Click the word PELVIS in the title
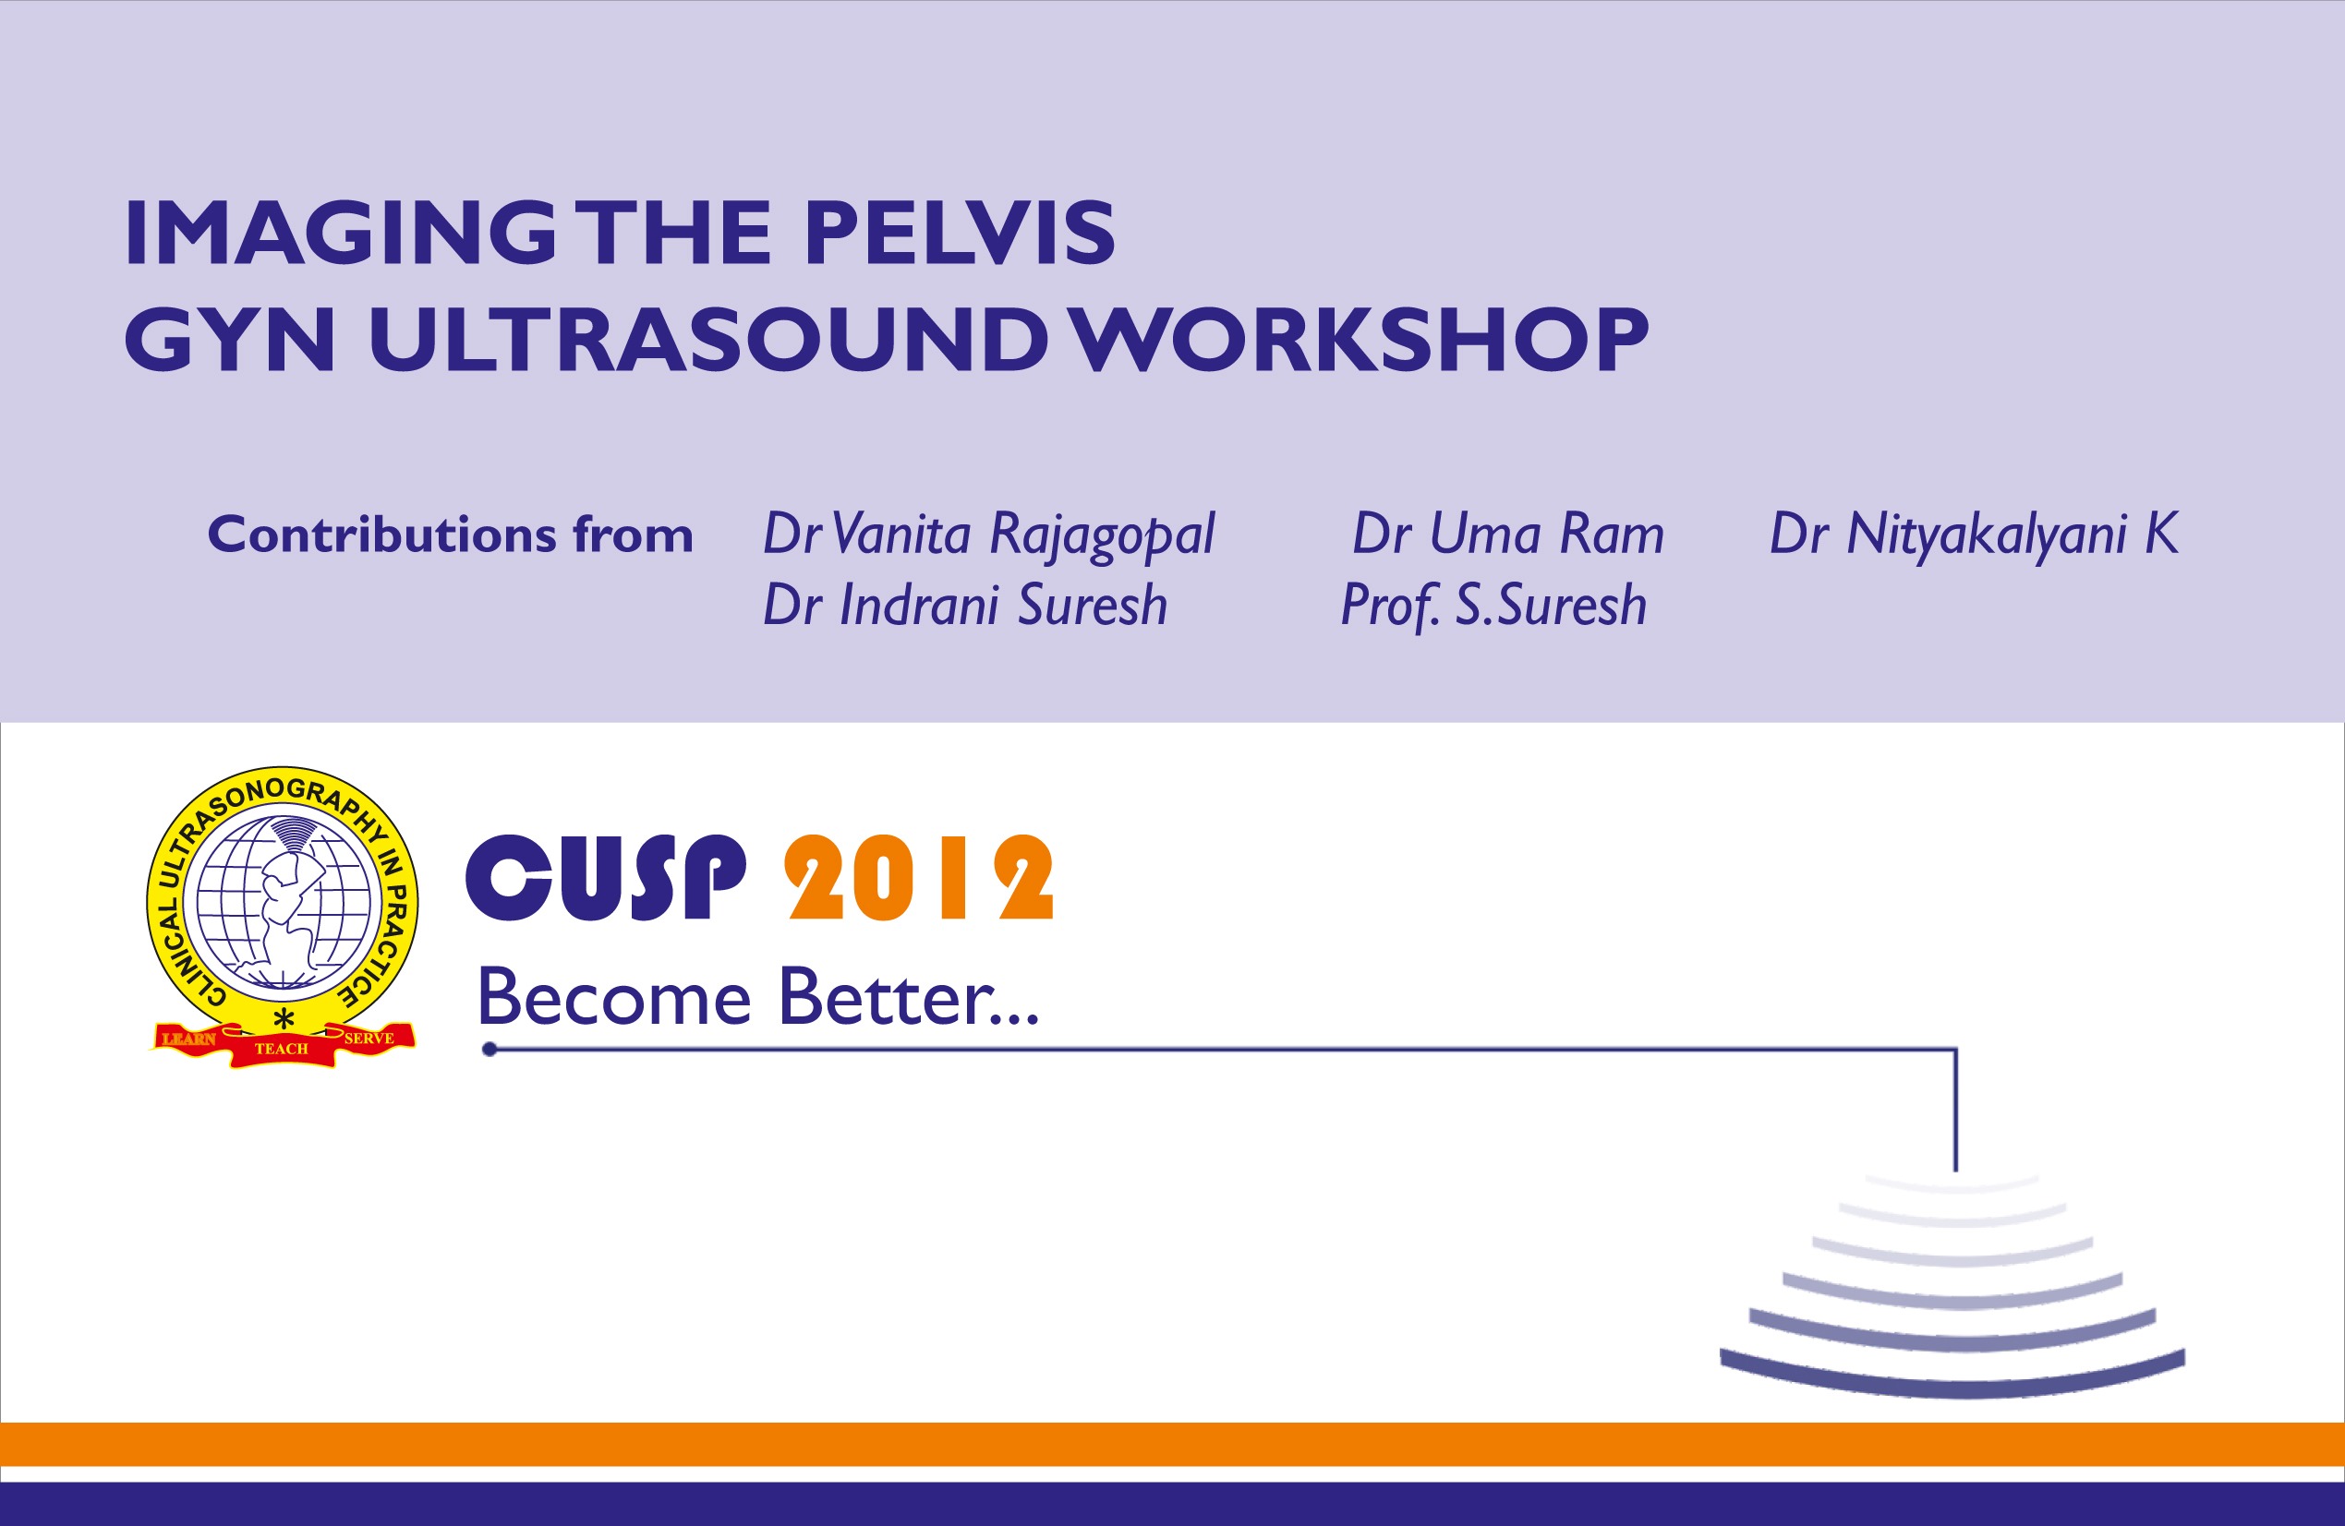pyautogui.click(x=959, y=234)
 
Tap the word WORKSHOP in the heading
pyautogui.click(x=1360, y=340)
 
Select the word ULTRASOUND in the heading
pyautogui.click(x=707, y=340)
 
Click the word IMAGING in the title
pyautogui.click(x=340, y=234)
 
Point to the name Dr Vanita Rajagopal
pyautogui.click(x=988, y=535)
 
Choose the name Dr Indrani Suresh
pyautogui.click(x=964, y=605)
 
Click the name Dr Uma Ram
pyautogui.click(x=1507, y=535)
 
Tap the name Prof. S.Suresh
pyautogui.click(x=1493, y=605)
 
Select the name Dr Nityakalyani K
pyautogui.click(x=1974, y=535)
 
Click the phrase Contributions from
pyautogui.click(x=451, y=535)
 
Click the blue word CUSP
pyautogui.click(x=605, y=878)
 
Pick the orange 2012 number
pyautogui.click(x=918, y=878)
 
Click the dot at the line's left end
pyautogui.click(x=489, y=1050)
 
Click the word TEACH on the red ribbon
pyautogui.click(x=282, y=1048)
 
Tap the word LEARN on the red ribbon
pyautogui.click(x=188, y=1039)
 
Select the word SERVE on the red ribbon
pyautogui.click(x=369, y=1039)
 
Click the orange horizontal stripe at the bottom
pyautogui.click(x=1173, y=1443)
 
